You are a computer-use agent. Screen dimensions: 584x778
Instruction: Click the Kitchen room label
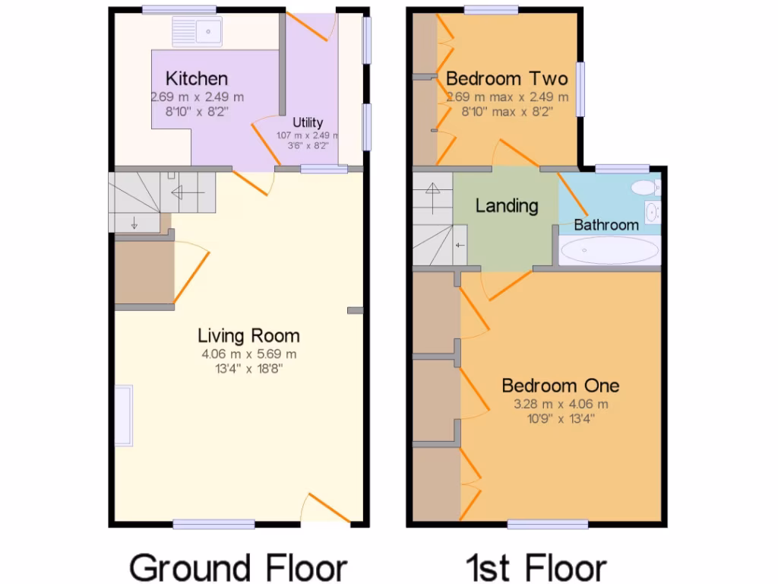[x=197, y=78]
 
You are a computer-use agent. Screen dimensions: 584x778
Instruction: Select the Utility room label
[x=308, y=122]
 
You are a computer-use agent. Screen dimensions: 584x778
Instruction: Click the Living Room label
[x=248, y=335]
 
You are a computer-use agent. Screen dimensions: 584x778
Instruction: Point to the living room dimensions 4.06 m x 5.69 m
[x=248, y=354]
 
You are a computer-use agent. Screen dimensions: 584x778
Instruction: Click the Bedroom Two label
[x=507, y=78]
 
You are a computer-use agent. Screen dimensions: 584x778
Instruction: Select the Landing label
[x=507, y=205]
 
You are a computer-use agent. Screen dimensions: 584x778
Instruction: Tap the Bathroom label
[x=606, y=225]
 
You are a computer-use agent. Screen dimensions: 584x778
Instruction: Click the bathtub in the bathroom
[x=609, y=249]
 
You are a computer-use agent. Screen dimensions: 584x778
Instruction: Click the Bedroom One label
[x=560, y=386]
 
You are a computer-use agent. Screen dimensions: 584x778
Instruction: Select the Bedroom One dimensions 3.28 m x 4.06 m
[x=560, y=405]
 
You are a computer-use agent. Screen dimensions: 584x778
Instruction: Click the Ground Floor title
[x=238, y=567]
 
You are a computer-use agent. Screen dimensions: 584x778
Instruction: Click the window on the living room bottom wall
[x=213, y=523]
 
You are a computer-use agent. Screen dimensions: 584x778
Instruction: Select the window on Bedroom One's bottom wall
[x=547, y=523]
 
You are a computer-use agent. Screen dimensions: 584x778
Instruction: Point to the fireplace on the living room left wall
[x=123, y=415]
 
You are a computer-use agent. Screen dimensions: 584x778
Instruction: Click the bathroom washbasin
[x=652, y=211]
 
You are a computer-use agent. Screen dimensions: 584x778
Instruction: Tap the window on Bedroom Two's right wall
[x=580, y=89]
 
